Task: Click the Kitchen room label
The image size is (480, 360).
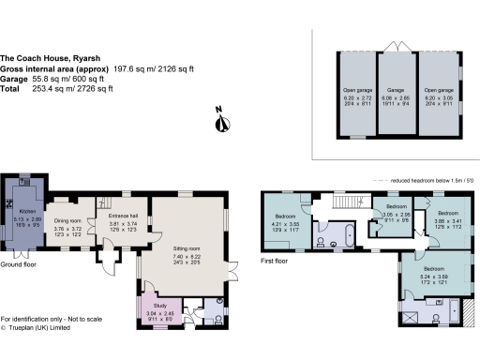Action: (22, 212)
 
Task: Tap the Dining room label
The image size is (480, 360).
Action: (68, 221)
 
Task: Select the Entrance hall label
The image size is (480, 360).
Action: (123, 215)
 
